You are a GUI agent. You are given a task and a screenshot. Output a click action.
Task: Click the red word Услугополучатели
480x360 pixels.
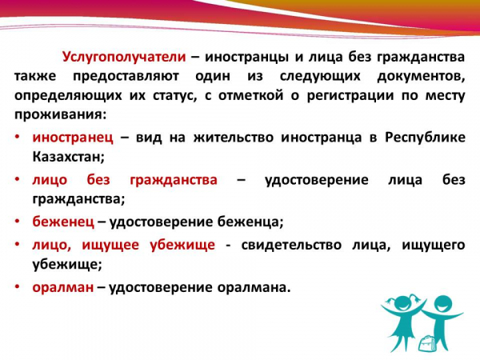(124, 58)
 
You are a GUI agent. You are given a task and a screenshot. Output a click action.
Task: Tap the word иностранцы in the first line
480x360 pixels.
(246, 58)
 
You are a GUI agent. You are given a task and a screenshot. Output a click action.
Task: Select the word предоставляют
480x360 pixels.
(126, 76)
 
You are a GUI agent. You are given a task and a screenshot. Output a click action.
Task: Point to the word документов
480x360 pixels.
(421, 77)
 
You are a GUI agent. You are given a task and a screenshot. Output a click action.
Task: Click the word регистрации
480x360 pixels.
(350, 96)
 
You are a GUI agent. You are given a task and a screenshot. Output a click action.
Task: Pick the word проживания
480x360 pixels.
(61, 114)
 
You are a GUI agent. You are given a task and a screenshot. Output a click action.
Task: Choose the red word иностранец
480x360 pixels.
(73, 138)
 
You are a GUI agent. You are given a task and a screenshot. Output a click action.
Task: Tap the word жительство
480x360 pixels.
(234, 138)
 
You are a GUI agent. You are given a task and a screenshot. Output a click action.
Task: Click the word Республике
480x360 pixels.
(425, 137)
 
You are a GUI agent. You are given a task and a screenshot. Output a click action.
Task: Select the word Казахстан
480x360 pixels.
(69, 157)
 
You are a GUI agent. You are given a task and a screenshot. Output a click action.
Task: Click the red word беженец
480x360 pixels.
(63, 222)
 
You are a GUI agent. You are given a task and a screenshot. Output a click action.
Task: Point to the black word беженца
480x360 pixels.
(250, 222)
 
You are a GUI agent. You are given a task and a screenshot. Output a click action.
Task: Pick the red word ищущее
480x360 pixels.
(110, 246)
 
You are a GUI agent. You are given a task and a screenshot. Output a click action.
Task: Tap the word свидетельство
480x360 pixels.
(291, 245)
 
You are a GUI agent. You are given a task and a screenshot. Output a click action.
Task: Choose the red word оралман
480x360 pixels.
(63, 288)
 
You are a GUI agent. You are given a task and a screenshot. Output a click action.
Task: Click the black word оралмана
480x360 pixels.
(254, 288)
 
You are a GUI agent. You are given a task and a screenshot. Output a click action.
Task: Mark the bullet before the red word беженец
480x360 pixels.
(18, 222)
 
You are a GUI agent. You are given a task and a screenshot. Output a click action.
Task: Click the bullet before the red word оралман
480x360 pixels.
(18, 287)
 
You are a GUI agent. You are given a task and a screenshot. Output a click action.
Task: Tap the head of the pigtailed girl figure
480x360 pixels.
(402, 303)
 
